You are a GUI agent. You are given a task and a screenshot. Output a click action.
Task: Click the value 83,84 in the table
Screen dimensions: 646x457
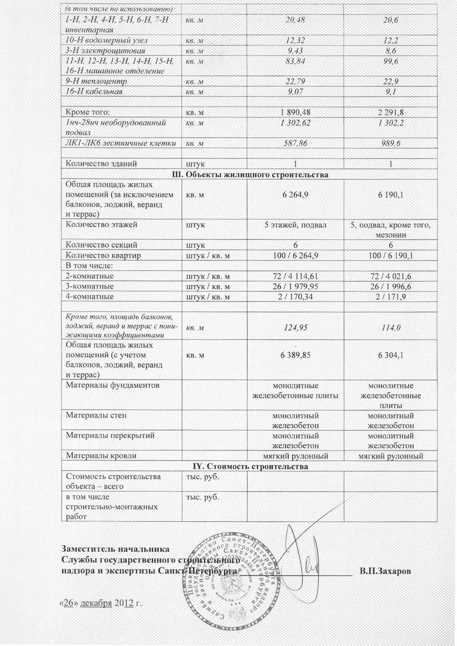(x=295, y=61)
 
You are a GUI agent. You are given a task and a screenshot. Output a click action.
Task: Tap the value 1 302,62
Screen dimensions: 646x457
(x=295, y=123)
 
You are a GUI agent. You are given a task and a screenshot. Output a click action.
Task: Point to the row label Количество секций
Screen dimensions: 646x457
(x=101, y=245)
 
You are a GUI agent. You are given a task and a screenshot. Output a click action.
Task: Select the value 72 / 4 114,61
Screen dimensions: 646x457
(x=295, y=276)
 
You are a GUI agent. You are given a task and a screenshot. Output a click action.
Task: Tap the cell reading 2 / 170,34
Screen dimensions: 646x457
(x=295, y=297)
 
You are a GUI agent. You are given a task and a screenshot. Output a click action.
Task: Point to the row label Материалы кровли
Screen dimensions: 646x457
(x=101, y=455)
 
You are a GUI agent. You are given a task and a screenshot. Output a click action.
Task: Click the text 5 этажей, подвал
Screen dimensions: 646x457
(x=295, y=225)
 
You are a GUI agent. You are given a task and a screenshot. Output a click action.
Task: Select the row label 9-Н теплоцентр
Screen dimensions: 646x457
(x=96, y=81)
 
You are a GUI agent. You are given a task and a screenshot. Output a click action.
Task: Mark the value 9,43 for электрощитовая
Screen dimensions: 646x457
(x=295, y=51)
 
